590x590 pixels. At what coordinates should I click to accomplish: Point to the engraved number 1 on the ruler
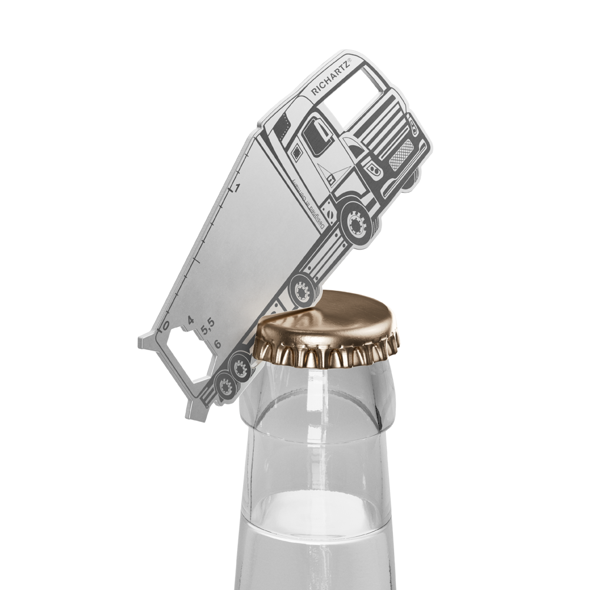(x=237, y=188)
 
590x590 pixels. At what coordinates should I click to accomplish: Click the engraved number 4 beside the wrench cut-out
(x=190, y=320)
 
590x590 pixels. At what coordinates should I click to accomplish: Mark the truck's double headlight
(x=375, y=169)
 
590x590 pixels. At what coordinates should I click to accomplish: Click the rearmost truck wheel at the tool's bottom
(x=224, y=387)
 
